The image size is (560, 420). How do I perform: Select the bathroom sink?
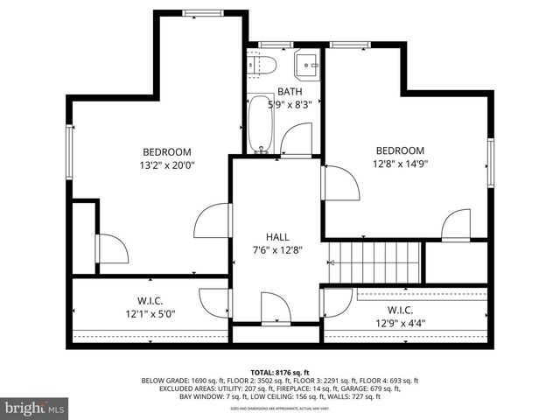pos(306,64)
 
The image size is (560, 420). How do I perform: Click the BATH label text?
pos(290,91)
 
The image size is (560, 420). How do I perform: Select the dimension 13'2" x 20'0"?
pos(166,164)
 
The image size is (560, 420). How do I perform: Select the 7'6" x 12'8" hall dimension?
pos(278,250)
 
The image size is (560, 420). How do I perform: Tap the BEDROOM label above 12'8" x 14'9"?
pos(400,150)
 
